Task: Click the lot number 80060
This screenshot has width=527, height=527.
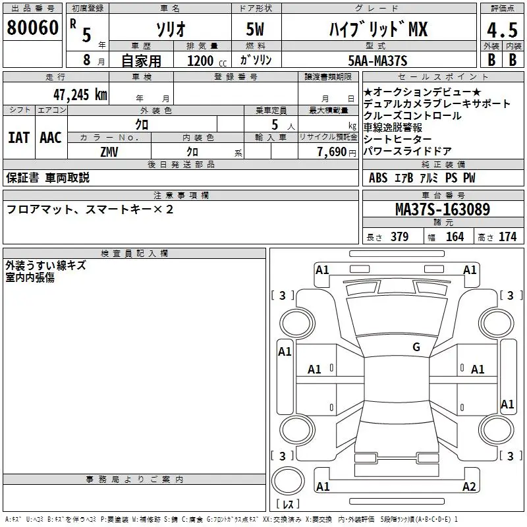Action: click(x=32, y=28)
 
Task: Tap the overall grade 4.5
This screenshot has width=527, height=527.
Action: click(x=502, y=30)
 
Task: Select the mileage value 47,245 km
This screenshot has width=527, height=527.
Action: click(x=80, y=95)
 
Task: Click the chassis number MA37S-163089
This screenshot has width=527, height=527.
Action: click(x=443, y=209)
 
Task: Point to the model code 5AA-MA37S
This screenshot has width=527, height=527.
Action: click(x=377, y=61)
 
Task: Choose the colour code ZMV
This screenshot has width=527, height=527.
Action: click(x=109, y=152)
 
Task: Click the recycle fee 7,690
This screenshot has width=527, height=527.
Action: click(x=332, y=152)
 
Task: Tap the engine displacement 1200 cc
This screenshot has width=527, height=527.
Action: click(x=207, y=61)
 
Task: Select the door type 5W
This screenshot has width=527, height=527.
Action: click(x=255, y=29)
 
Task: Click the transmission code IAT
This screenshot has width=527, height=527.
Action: click(x=18, y=138)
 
